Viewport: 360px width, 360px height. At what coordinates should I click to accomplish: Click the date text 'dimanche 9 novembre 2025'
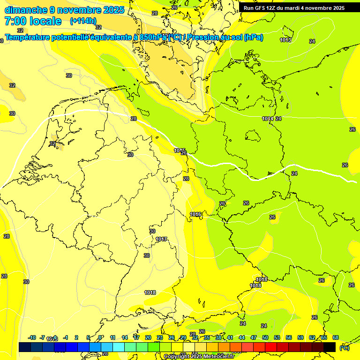(x=64, y=10)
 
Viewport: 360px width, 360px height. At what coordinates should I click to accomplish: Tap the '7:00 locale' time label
(x=33, y=21)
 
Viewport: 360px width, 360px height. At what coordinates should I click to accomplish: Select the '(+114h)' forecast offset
(x=83, y=21)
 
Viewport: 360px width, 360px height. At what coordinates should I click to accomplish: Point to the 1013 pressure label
(x=285, y=40)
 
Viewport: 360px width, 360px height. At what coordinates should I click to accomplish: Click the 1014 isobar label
(x=268, y=119)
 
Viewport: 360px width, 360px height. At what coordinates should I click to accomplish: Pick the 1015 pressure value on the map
(x=180, y=150)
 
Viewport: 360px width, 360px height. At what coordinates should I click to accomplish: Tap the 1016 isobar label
(x=195, y=215)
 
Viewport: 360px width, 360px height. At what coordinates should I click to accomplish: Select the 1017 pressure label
(x=161, y=240)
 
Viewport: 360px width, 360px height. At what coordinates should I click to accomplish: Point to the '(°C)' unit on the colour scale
(x=344, y=348)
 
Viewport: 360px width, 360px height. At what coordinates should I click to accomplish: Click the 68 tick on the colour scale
(x=336, y=337)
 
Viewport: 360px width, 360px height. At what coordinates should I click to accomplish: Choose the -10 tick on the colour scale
(x=32, y=337)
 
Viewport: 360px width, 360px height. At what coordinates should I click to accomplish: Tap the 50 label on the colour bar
(x=265, y=337)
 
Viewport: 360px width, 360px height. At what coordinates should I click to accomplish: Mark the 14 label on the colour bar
(x=124, y=337)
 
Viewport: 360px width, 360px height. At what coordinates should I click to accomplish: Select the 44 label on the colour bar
(x=242, y=337)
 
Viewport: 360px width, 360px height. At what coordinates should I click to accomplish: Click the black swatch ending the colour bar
(x=330, y=347)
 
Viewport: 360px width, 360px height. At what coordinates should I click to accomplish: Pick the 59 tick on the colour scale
(x=300, y=337)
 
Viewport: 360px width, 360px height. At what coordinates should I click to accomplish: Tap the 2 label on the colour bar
(x=76, y=337)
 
